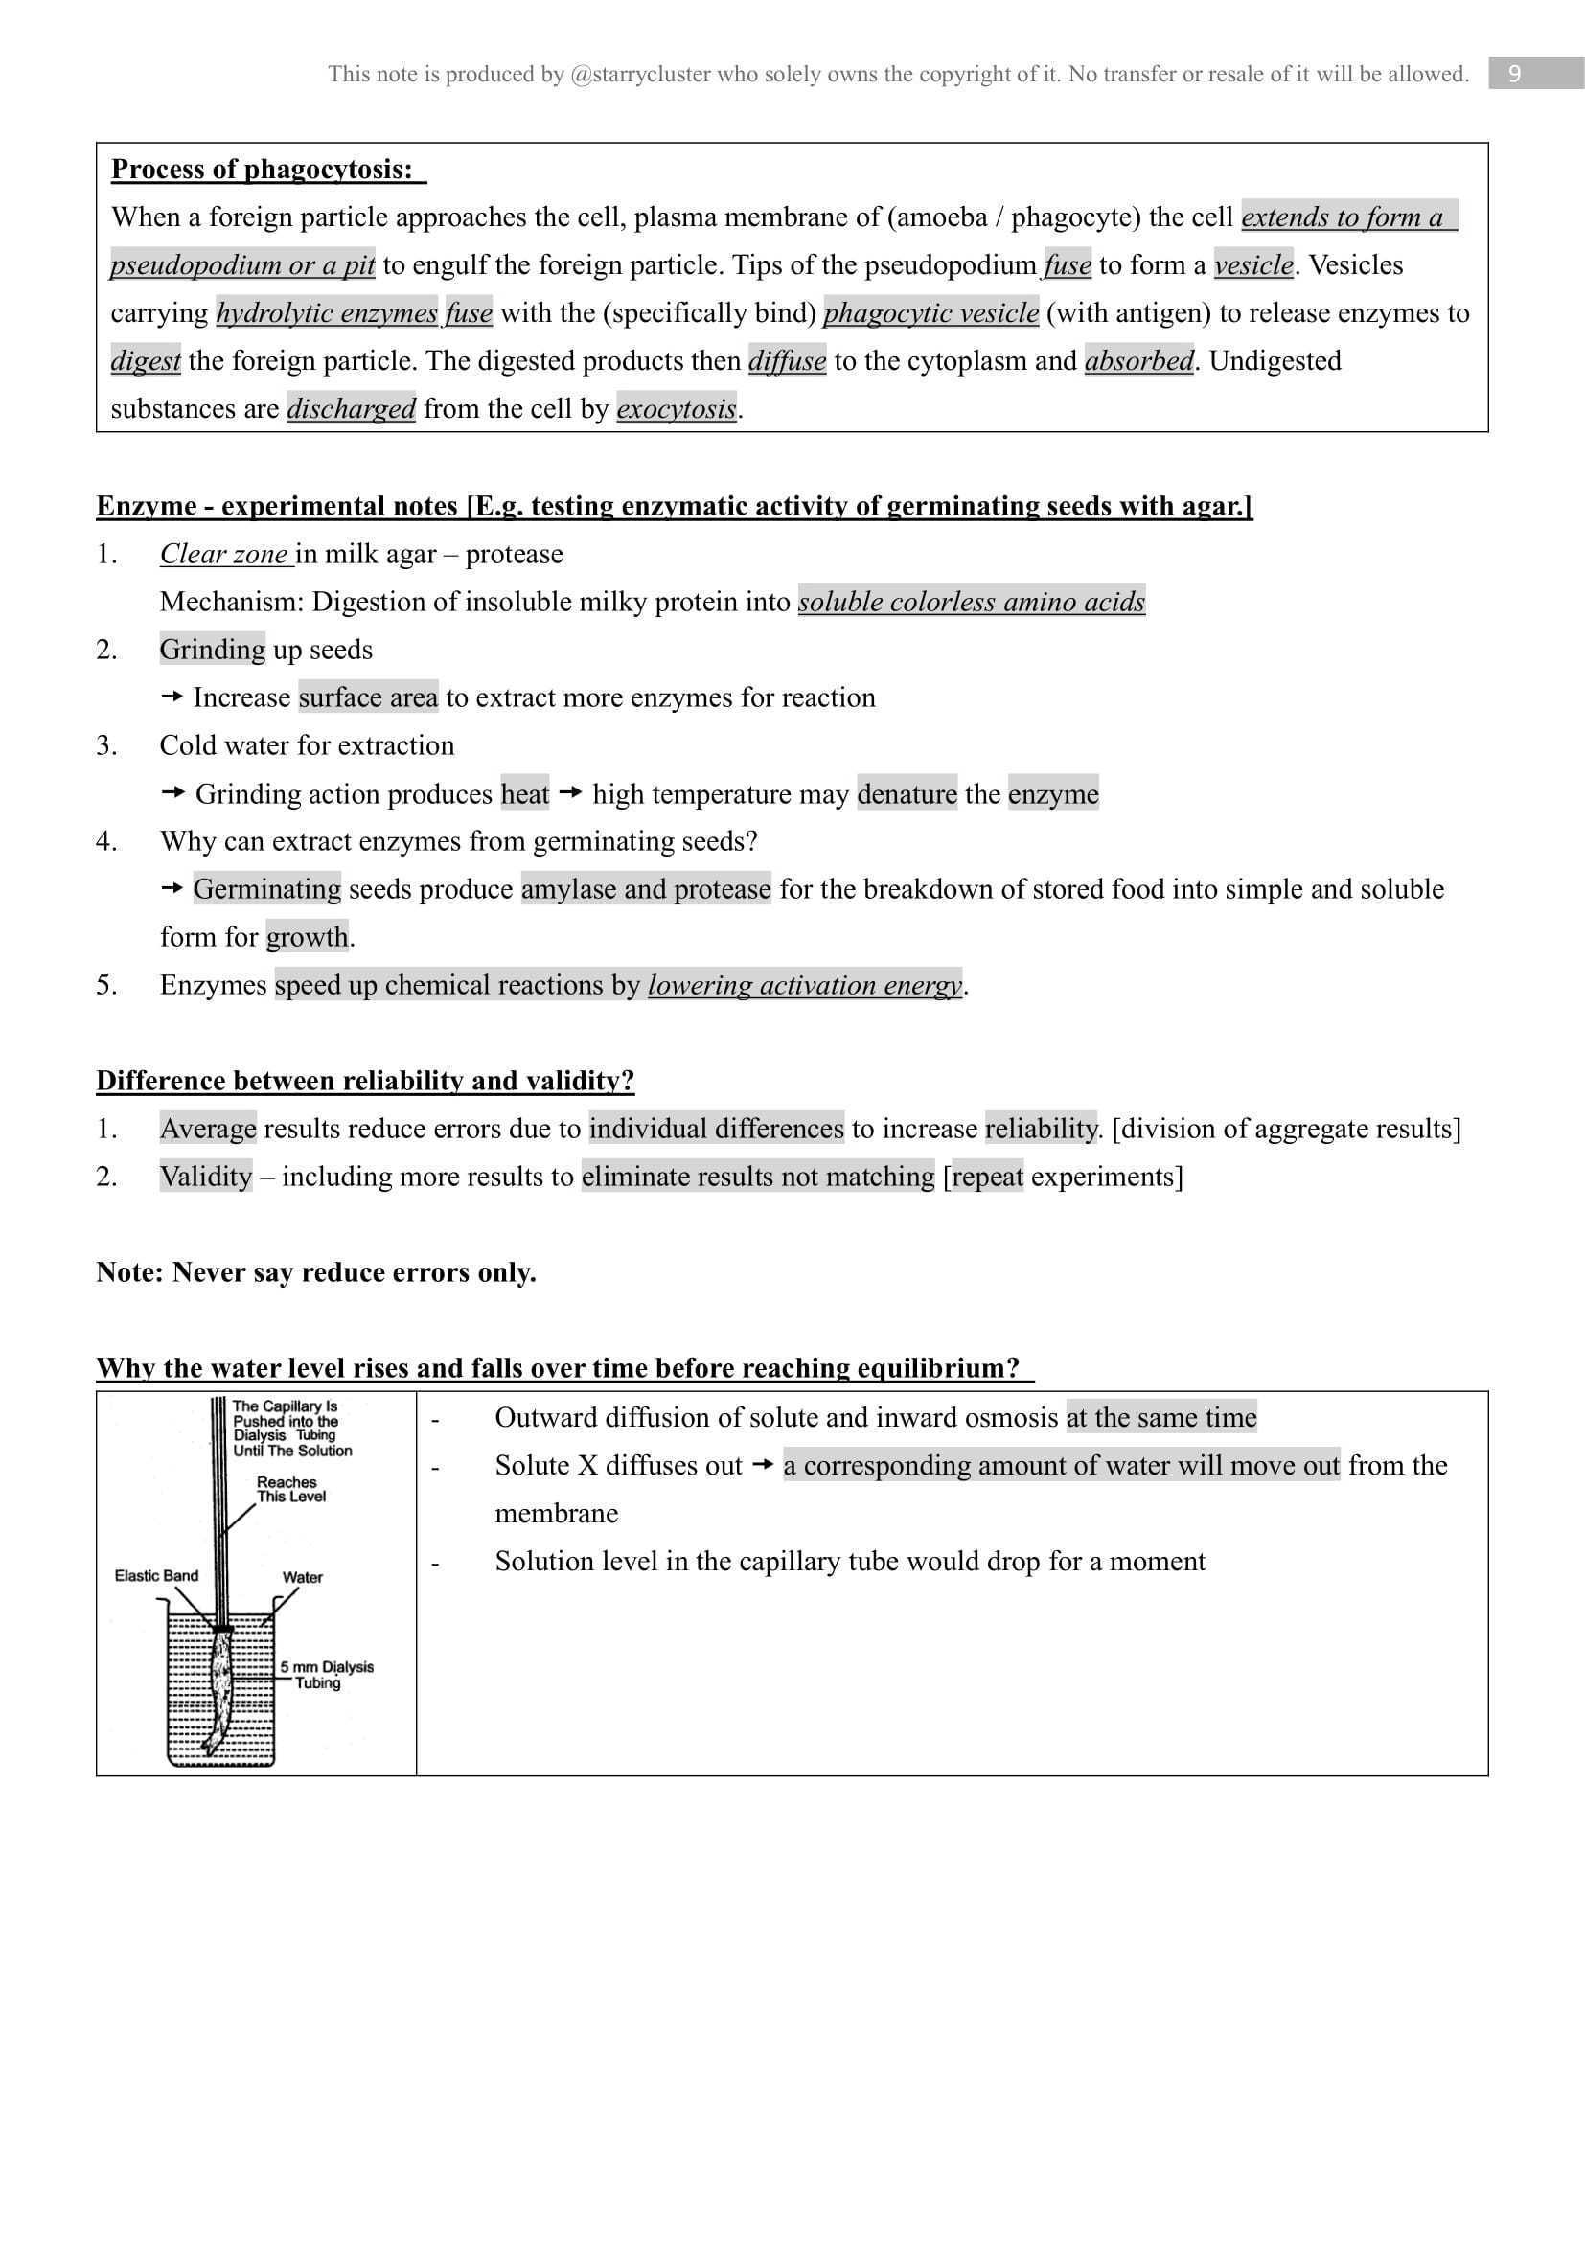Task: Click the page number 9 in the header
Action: (1514, 74)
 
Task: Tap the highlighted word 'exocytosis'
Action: (677, 408)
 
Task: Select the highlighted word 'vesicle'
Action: (1253, 264)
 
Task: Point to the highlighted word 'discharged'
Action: (352, 408)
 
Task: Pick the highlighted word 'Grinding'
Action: (212, 649)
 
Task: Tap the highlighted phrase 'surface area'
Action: (368, 697)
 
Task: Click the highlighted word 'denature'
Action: (907, 793)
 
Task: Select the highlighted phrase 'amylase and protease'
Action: (645, 889)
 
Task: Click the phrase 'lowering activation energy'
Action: (804, 985)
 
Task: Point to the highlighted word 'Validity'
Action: (206, 1177)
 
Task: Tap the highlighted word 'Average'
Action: (208, 1129)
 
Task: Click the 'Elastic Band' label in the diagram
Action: (156, 1575)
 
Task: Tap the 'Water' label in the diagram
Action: (303, 1577)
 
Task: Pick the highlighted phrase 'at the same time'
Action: (1161, 1417)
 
